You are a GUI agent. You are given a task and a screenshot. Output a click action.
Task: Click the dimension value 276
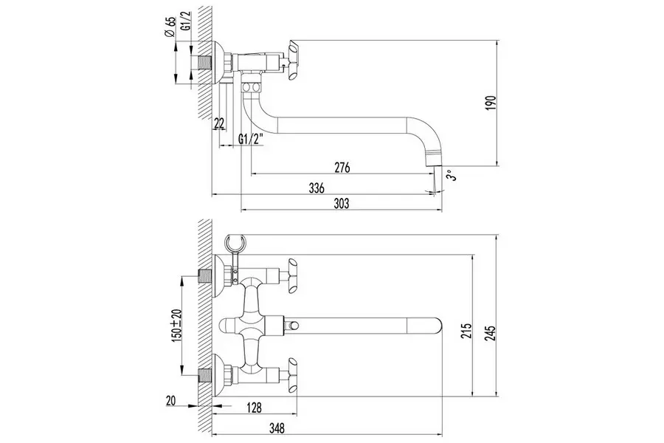[x=342, y=168]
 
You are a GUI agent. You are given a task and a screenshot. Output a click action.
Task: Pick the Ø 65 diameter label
[x=170, y=28]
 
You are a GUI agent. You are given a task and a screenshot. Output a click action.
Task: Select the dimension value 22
[x=219, y=123]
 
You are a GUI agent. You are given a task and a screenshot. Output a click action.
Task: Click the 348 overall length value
[x=277, y=427]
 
